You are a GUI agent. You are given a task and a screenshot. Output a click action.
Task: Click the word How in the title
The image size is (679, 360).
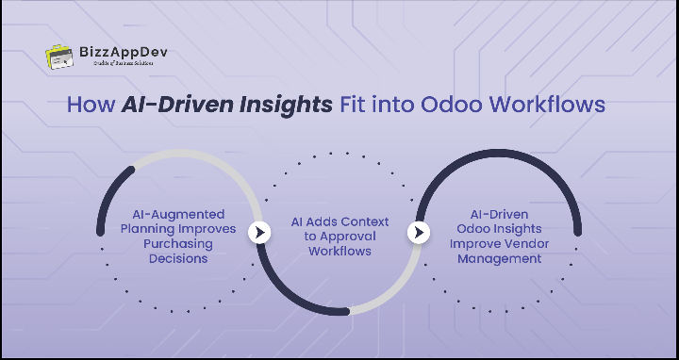89,105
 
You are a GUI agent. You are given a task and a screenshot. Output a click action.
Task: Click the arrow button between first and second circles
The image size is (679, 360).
259,232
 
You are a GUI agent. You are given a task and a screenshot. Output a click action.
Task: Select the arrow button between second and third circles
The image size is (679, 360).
419,232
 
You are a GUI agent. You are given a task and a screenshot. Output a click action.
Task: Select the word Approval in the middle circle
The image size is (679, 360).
347,237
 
